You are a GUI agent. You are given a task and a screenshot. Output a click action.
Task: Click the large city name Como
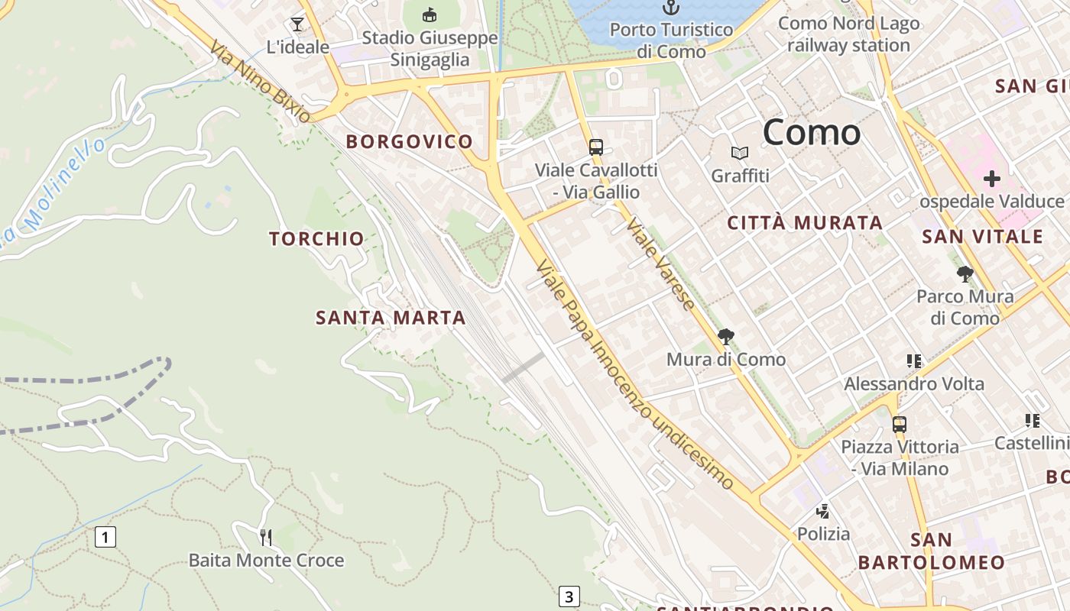click(x=812, y=132)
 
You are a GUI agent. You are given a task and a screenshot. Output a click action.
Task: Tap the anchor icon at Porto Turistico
click(x=670, y=8)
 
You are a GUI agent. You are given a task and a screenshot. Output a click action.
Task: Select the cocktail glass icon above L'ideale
click(x=297, y=24)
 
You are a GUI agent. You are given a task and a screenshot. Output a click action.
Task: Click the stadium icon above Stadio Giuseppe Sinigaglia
click(x=430, y=15)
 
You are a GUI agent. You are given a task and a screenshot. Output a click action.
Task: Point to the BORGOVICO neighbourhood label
click(x=409, y=141)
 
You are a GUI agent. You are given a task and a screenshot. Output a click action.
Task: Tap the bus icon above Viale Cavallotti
click(x=595, y=147)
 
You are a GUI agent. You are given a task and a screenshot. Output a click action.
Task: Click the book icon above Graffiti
click(x=739, y=153)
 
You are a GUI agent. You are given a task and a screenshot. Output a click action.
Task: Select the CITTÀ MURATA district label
click(x=805, y=223)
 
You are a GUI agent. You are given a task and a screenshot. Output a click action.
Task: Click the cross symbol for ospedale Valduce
click(x=991, y=179)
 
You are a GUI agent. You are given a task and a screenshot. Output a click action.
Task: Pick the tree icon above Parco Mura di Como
click(x=965, y=273)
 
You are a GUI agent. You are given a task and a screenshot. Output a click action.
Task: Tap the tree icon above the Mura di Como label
click(x=725, y=336)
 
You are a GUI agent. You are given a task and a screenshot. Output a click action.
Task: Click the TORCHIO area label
click(x=316, y=239)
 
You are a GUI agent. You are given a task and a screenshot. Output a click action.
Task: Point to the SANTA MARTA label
click(x=391, y=318)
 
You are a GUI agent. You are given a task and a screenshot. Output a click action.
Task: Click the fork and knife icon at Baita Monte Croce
click(x=265, y=538)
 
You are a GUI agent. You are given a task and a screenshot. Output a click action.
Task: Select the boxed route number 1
click(x=105, y=537)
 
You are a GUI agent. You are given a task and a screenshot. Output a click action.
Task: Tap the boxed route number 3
click(x=569, y=596)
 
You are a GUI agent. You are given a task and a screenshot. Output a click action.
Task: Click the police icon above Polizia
click(x=823, y=511)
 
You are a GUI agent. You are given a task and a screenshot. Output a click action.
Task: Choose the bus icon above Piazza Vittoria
click(x=900, y=424)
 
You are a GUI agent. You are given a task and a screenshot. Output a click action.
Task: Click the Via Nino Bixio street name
click(x=261, y=82)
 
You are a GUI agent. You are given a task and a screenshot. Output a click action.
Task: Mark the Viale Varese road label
click(x=660, y=264)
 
